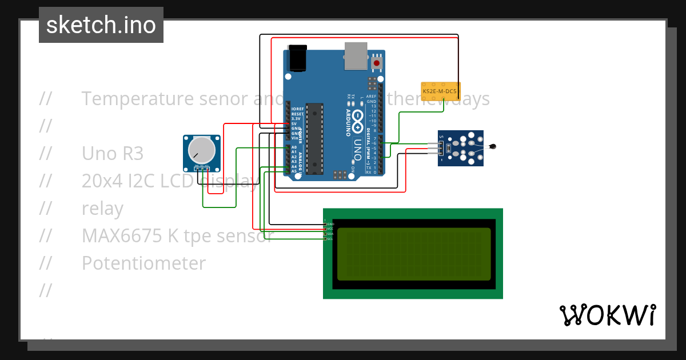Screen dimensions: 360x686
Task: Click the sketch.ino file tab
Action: [101, 25]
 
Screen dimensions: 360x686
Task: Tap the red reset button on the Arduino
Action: [377, 62]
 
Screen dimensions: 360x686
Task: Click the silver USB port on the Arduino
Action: [356, 56]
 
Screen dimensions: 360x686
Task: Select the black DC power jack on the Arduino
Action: [298, 58]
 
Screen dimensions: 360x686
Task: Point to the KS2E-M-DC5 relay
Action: [440, 91]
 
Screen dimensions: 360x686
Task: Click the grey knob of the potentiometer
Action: [201, 150]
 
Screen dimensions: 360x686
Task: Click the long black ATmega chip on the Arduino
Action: [314, 138]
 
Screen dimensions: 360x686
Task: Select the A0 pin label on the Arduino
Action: [294, 147]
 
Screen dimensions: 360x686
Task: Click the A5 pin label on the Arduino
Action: [294, 171]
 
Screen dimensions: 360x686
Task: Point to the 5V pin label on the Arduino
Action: [294, 123]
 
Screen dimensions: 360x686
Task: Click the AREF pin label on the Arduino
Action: [371, 97]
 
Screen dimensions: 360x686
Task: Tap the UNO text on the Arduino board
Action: [358, 150]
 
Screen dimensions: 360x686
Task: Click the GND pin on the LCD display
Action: [330, 224]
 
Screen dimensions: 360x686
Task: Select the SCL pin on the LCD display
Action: [330, 238]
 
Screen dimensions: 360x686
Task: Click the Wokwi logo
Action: [607, 315]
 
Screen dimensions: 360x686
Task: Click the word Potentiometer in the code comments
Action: [143, 263]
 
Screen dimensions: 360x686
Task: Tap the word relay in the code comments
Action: [102, 209]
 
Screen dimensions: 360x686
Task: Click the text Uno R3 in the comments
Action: [112, 154]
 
